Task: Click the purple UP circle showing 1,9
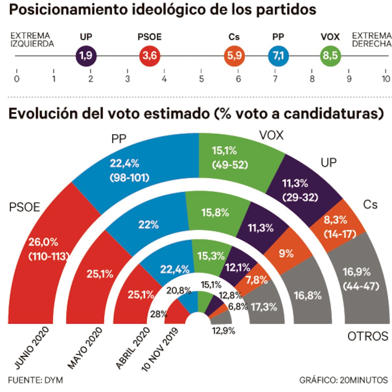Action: [86, 56]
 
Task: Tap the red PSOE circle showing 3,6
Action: [150, 56]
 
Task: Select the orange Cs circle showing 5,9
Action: [234, 56]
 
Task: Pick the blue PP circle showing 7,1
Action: [278, 56]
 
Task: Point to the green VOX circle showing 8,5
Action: [330, 56]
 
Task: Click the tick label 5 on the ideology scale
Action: [201, 79]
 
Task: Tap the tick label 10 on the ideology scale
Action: [386, 79]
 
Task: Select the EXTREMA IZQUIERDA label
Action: [32, 40]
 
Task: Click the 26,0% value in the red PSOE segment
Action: [43, 242]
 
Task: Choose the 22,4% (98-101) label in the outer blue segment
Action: [129, 170]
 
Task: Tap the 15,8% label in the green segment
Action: [215, 213]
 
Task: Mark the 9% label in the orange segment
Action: [286, 253]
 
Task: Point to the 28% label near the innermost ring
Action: [158, 314]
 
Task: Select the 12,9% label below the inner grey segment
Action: [223, 331]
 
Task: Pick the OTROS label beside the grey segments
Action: [367, 336]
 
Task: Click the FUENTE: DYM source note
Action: [35, 380]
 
